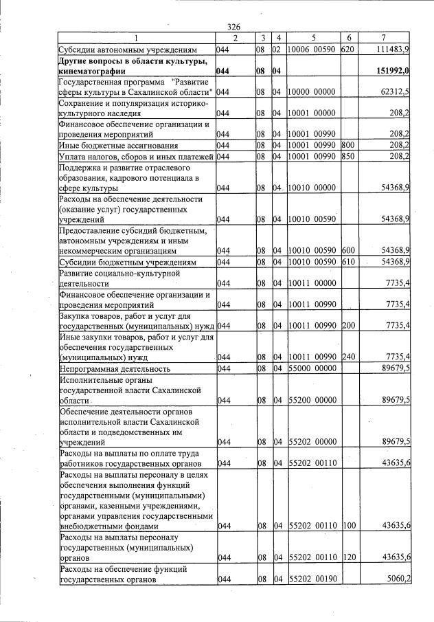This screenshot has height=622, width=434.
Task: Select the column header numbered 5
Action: tap(312, 38)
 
